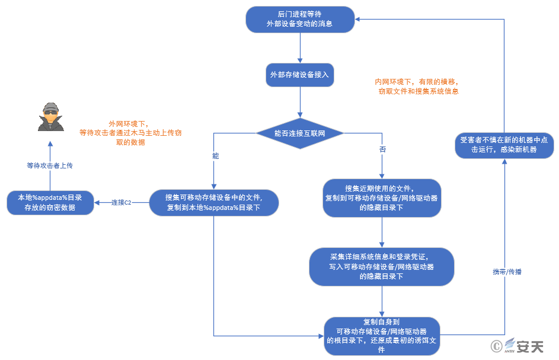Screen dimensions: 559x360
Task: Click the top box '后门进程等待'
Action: (x=300, y=19)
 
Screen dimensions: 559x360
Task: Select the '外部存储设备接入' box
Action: (x=300, y=75)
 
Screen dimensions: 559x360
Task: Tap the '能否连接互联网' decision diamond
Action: (x=300, y=133)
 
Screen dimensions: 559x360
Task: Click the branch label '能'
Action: (x=216, y=156)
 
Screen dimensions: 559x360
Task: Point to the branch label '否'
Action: (x=382, y=149)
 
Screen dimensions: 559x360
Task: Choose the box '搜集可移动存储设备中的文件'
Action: (x=214, y=203)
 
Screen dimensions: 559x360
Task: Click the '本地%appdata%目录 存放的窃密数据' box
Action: (x=50, y=203)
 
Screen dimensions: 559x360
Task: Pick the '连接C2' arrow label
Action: (x=121, y=203)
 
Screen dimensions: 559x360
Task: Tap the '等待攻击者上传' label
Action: (x=50, y=165)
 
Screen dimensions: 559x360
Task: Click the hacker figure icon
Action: (x=51, y=117)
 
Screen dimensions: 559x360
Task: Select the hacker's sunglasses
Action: (x=50, y=112)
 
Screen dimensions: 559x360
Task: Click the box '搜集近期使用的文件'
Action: (x=382, y=198)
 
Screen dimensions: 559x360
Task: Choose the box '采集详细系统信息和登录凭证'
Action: (x=382, y=266)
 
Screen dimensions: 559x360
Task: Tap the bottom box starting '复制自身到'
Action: (x=382, y=336)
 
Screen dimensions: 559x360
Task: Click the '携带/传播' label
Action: (x=507, y=272)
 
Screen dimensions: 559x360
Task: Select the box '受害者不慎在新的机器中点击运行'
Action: (x=504, y=145)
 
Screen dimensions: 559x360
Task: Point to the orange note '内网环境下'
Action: (x=417, y=87)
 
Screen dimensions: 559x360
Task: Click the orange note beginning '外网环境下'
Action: (x=130, y=133)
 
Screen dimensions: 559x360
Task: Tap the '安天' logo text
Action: (x=530, y=346)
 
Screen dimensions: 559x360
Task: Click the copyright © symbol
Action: (x=496, y=346)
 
